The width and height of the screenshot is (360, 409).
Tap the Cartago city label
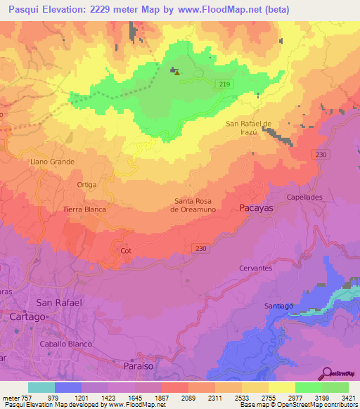pos(28,317)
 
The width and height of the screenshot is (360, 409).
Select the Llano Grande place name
pos(51,161)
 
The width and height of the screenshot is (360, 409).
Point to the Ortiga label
pos(86,184)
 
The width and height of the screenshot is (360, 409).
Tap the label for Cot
pos(127,250)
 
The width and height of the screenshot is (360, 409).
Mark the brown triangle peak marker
pos(177,72)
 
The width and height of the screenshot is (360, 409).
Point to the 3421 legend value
pos(348,397)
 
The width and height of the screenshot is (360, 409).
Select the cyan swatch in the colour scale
pos(41,387)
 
